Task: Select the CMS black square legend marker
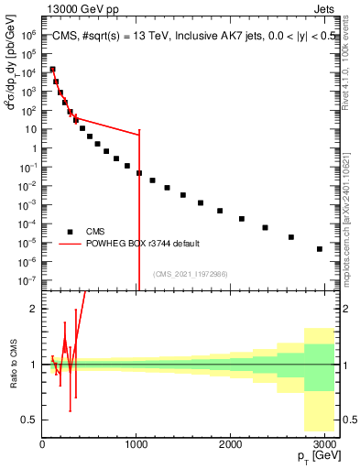pyautogui.click(x=70, y=232)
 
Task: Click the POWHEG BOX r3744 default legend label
pyautogui.click(x=143, y=244)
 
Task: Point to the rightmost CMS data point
pyautogui.click(x=320, y=248)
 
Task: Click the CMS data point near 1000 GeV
pyautogui.click(x=139, y=172)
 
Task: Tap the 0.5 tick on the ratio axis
pyautogui.click(x=29, y=420)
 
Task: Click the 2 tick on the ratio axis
pyautogui.click(x=33, y=309)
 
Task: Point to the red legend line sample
pyautogui.click(x=70, y=244)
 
